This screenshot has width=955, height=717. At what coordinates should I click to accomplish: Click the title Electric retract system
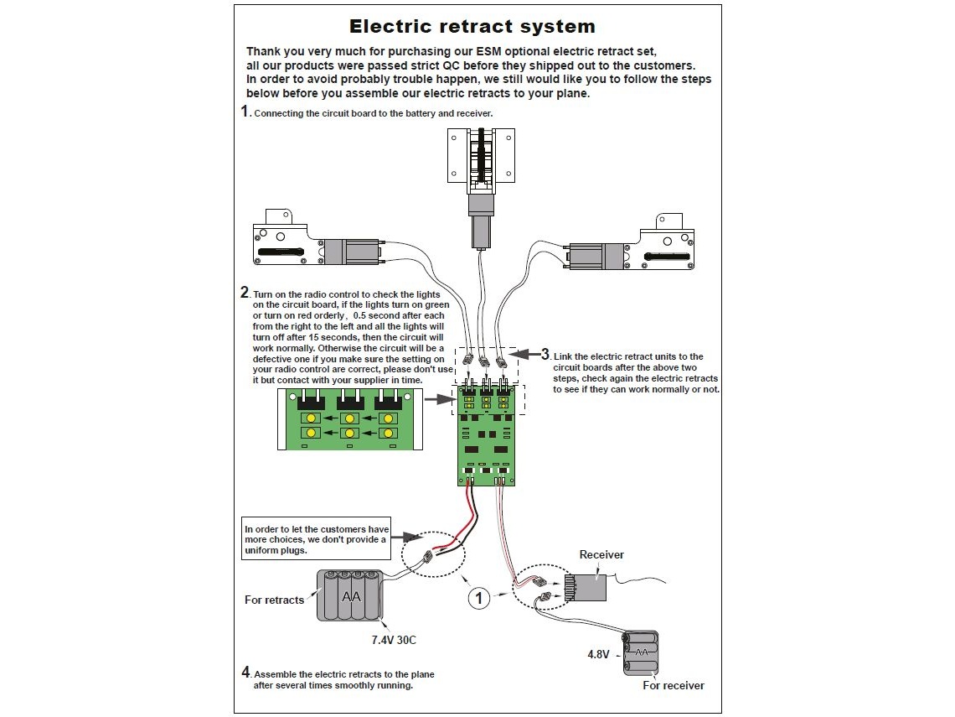pos(472,27)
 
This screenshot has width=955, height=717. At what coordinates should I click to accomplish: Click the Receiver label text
pos(601,554)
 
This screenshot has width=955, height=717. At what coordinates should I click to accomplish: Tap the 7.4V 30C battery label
pos(394,640)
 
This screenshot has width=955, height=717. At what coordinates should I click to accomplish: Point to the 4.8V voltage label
pos(598,654)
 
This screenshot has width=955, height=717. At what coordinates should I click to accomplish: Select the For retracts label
pos(274,600)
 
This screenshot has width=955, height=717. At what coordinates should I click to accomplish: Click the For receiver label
pos(674,685)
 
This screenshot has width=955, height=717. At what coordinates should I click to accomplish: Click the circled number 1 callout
pos(478,598)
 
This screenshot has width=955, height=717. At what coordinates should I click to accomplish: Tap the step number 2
pos(245,293)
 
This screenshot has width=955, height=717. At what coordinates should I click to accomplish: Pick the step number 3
pos(545,354)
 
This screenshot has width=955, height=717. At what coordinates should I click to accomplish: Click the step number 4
pos(245,672)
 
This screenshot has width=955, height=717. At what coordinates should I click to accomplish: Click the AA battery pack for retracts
pos(349,595)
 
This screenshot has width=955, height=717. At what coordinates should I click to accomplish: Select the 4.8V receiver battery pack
pos(640,653)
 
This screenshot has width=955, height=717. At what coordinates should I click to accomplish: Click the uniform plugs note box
pos(317,540)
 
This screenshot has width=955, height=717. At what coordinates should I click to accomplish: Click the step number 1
pos(245,112)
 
